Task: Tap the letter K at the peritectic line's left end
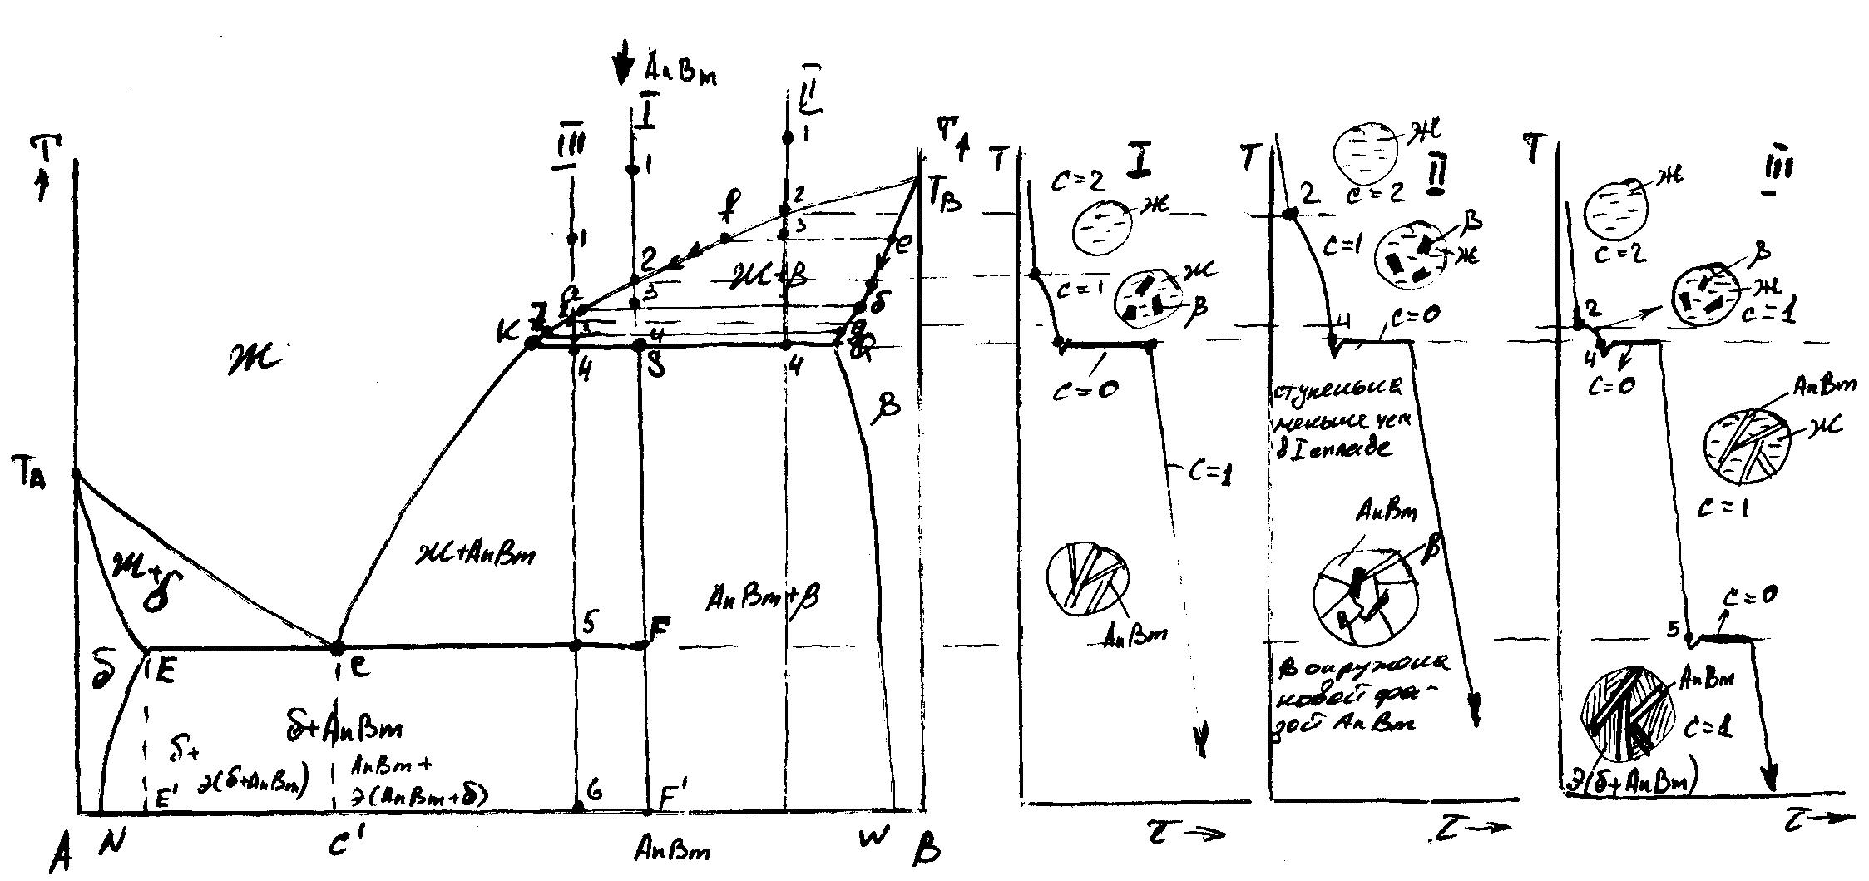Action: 505,331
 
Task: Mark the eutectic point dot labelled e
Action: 338,646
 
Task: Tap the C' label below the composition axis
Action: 342,845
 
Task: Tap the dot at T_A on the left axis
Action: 76,473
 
